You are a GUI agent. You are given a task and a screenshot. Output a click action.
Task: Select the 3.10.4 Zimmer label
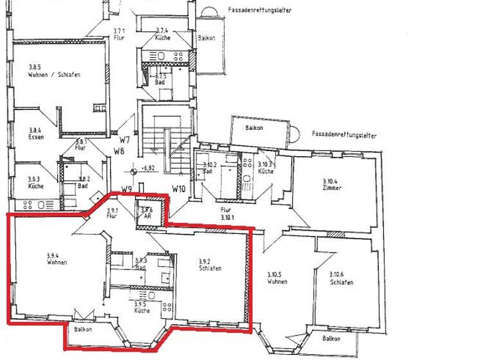(332, 185)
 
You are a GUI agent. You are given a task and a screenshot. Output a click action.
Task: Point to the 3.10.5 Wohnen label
(277, 278)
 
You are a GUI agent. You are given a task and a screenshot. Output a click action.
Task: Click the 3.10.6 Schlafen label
(341, 278)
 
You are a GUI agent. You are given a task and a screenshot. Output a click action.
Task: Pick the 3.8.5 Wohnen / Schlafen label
(53, 71)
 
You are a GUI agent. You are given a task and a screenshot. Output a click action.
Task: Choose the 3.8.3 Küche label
(35, 183)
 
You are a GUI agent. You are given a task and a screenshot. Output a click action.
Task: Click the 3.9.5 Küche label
(142, 307)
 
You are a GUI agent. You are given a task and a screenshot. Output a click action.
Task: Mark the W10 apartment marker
(179, 189)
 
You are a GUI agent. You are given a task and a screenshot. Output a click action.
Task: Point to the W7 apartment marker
(125, 139)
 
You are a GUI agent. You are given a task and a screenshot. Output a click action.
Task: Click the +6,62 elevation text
(147, 168)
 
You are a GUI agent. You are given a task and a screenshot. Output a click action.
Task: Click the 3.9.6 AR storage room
(146, 212)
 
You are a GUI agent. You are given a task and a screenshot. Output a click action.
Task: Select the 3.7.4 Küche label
(163, 34)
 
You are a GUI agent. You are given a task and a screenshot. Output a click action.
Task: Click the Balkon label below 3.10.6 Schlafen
(331, 338)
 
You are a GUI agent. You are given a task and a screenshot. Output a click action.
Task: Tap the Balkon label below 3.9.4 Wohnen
(82, 329)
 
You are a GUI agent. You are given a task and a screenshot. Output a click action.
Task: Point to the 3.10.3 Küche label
(266, 168)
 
